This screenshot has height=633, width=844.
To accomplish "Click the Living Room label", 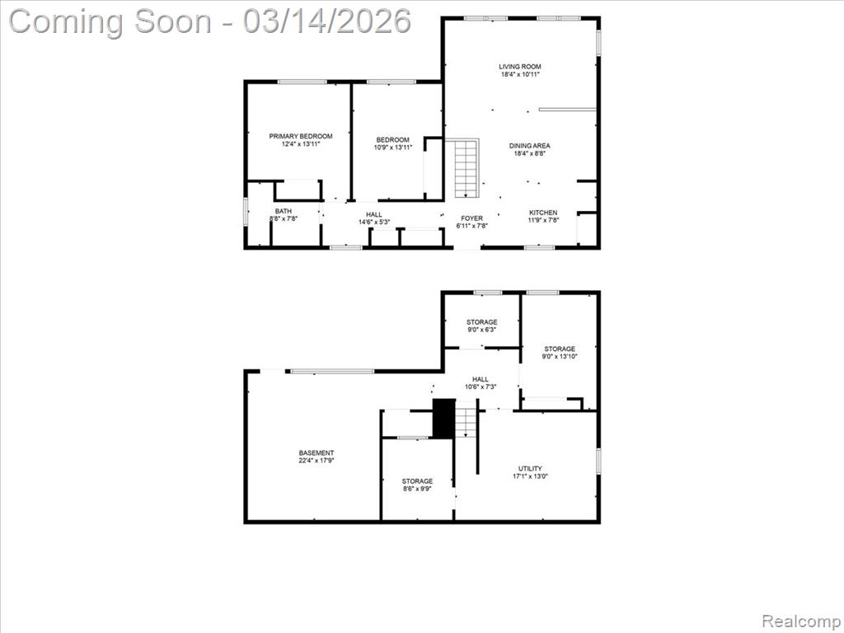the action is tap(519, 67).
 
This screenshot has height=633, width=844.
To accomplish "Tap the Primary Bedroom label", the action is tap(301, 136).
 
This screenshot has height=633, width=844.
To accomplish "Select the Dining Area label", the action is tap(530, 145).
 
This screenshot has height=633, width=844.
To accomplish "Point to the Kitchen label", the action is tap(543, 213).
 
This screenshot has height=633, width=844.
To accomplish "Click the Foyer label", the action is tap(472, 218).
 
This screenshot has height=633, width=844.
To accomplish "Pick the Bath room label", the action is tap(284, 211).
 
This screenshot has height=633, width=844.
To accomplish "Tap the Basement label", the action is tap(316, 453).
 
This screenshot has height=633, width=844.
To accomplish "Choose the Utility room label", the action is tap(530, 468).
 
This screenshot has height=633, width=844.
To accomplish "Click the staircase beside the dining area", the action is tap(467, 168).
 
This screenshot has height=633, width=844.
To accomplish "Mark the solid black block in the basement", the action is tap(444, 418).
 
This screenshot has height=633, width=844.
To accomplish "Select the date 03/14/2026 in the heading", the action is tap(326, 21).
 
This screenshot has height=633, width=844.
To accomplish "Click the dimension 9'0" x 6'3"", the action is tap(481, 330).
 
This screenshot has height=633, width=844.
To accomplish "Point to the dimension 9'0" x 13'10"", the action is tap(560, 356).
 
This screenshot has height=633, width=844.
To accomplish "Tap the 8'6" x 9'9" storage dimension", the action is tap(417, 489).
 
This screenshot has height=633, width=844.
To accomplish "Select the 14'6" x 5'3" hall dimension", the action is tap(374, 222).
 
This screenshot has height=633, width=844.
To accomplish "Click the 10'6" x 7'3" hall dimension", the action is tap(481, 387).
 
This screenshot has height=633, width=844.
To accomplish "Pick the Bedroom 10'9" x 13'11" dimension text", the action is tap(393, 147).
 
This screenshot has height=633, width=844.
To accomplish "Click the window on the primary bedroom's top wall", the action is tap(302, 82).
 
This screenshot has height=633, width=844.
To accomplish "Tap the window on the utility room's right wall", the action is tap(598, 462).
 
